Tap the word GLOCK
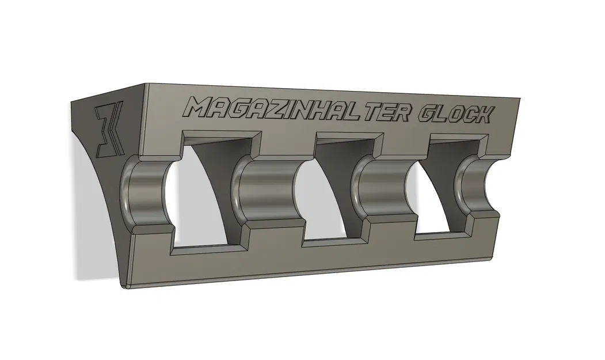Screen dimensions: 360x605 coord(454,114)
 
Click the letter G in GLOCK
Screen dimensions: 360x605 coord(427,113)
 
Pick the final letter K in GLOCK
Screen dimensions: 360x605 coord(482,115)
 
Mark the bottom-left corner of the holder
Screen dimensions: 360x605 coord(123,285)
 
